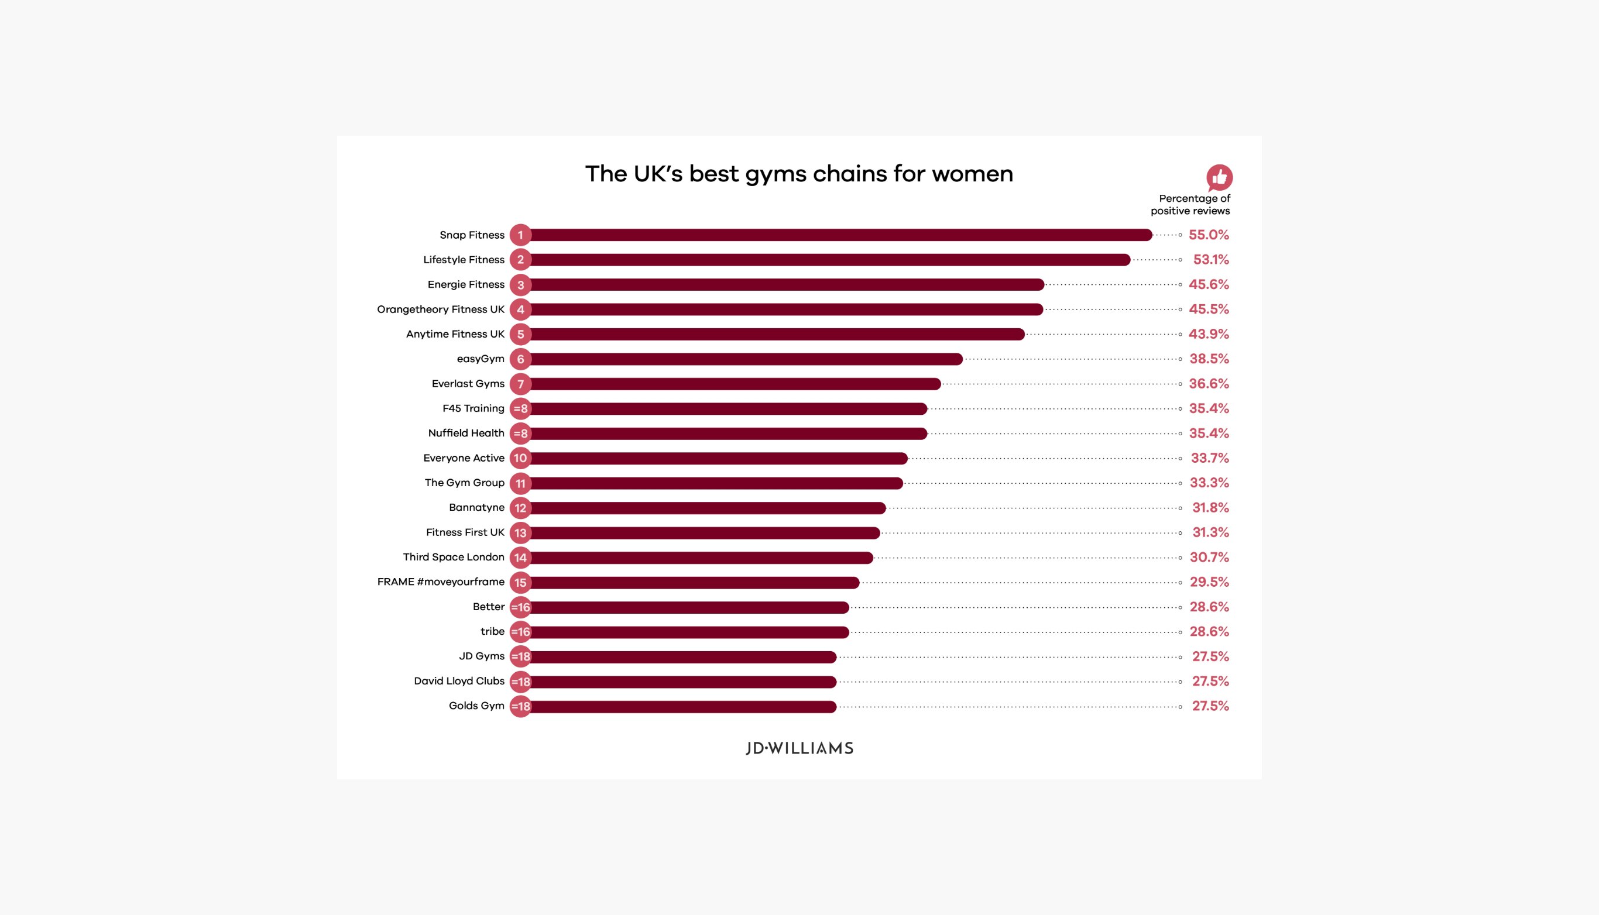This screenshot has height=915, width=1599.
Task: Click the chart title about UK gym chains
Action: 798,174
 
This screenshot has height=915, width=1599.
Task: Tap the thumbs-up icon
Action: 1219,178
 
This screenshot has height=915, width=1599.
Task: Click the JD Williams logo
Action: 799,748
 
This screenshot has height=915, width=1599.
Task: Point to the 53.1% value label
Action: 1210,260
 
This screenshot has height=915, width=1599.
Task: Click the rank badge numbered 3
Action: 520,285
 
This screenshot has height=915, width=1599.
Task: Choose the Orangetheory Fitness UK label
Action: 441,309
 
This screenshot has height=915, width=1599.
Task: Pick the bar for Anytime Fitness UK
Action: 777,334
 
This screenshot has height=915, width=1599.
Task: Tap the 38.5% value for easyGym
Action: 1209,359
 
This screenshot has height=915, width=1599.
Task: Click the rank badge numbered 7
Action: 520,384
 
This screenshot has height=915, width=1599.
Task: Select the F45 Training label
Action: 473,408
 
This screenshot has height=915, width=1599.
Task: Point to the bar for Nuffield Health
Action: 728,434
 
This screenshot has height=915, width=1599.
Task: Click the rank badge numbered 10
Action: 520,458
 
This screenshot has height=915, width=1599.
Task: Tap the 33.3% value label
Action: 1209,483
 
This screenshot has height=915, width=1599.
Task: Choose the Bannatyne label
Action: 476,507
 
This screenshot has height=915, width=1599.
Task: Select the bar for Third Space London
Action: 701,558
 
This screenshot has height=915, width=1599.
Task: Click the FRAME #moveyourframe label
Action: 441,582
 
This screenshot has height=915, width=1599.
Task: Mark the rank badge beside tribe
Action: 520,632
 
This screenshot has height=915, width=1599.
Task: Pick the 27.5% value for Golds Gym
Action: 1210,706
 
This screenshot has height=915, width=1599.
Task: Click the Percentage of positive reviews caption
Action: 1190,205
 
